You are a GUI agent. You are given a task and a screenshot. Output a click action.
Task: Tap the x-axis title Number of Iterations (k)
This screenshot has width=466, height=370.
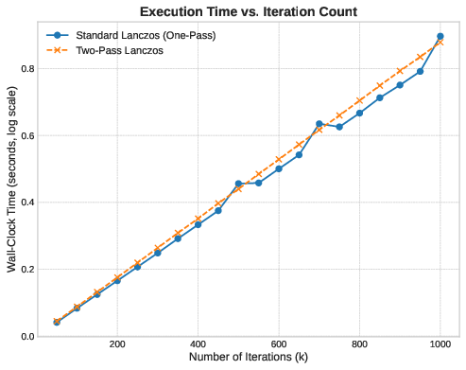[248, 358]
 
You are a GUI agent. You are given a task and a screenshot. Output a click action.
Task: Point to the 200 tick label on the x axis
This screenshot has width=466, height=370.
[117, 344]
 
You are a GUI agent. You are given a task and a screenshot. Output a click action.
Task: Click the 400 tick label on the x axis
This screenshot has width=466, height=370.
[198, 344]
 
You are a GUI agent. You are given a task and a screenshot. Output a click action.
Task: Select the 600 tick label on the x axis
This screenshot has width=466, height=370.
[279, 344]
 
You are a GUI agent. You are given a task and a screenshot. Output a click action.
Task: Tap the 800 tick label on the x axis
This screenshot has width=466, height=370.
[359, 344]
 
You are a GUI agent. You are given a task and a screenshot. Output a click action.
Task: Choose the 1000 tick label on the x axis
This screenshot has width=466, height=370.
[440, 344]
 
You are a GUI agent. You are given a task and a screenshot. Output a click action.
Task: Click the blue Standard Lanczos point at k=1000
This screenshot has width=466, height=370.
[440, 36]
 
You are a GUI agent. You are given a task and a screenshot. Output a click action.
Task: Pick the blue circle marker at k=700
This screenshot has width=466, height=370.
[319, 124]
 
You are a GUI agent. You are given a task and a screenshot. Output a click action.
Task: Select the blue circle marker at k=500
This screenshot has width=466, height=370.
[238, 184]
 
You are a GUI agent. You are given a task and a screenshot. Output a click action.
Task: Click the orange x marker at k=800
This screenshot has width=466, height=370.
[359, 100]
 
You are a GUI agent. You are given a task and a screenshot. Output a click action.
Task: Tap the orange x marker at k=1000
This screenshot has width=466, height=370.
[440, 42]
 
